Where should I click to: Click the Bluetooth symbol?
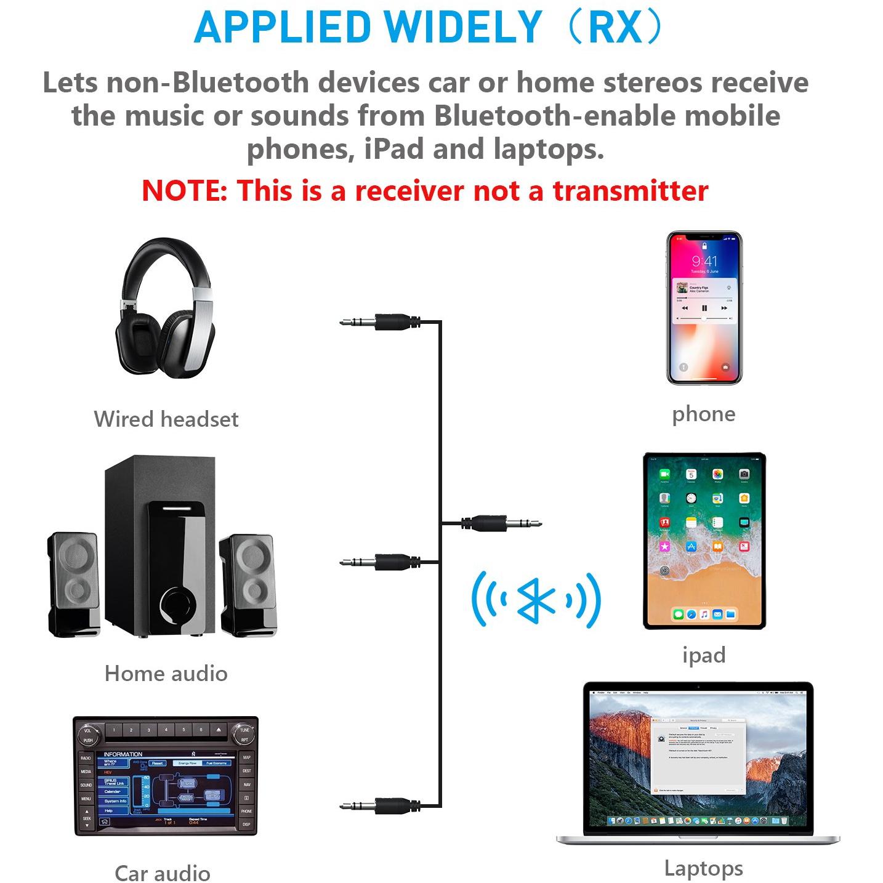tap(536, 600)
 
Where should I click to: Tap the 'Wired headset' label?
tap(166, 419)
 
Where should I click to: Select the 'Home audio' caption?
tap(166, 674)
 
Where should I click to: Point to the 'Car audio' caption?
tap(163, 873)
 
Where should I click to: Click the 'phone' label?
tap(703, 414)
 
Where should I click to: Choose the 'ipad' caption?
tap(704, 655)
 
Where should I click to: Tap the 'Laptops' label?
tap(703, 868)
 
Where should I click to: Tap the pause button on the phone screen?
tap(704, 308)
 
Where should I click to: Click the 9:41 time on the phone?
tap(704, 261)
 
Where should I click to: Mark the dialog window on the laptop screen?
tap(698, 757)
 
